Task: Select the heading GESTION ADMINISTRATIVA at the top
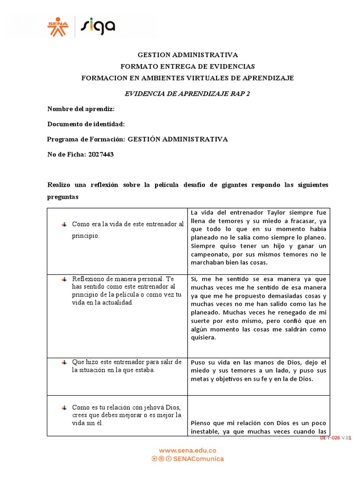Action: click(187, 55)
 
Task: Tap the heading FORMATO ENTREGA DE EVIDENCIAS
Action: click(187, 67)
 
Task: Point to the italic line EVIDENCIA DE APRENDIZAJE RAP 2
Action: click(187, 93)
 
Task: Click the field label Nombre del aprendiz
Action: click(81, 109)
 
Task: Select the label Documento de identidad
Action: click(86, 124)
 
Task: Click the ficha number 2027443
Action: click(101, 154)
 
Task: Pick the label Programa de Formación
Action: click(86, 139)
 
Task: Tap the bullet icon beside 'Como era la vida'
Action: click(64, 224)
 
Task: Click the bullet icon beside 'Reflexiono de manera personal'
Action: click(64, 279)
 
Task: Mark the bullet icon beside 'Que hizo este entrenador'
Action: click(64, 362)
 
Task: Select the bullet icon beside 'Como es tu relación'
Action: click(64, 407)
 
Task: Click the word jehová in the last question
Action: click(149, 406)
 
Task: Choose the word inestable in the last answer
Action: click(208, 431)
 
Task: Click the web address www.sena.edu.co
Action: click(187, 450)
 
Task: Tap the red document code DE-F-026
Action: click(330, 438)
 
